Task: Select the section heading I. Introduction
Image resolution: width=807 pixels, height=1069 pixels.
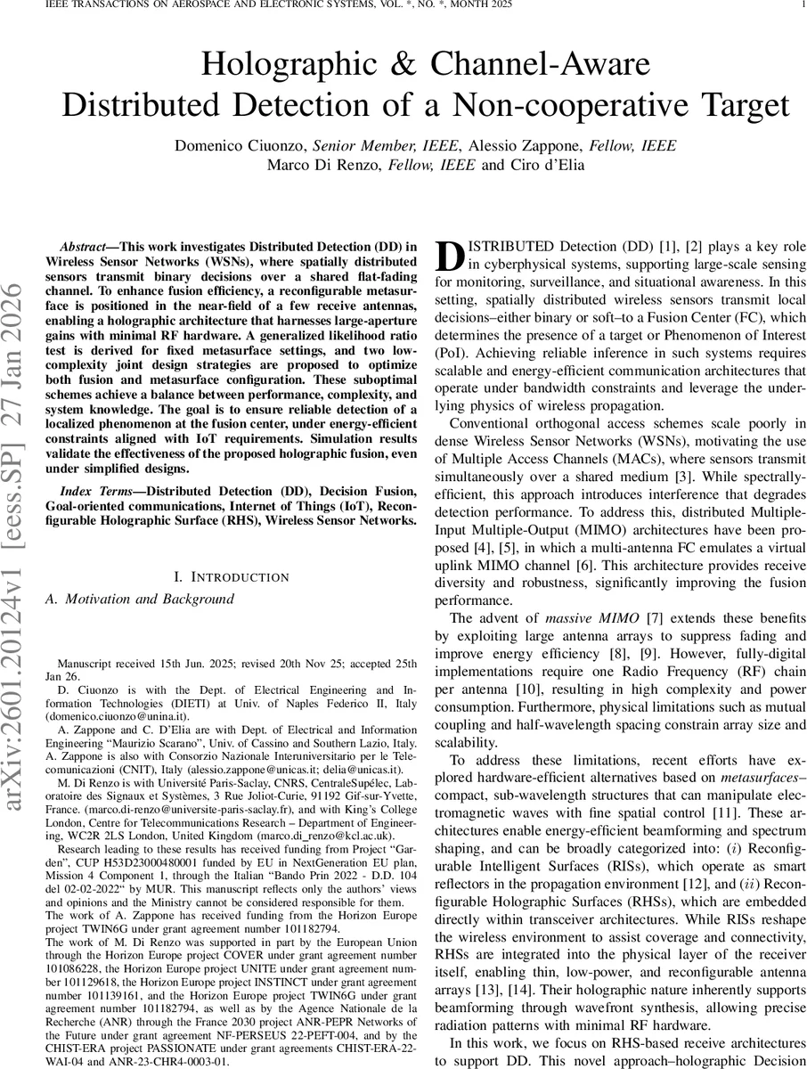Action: tap(231, 578)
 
